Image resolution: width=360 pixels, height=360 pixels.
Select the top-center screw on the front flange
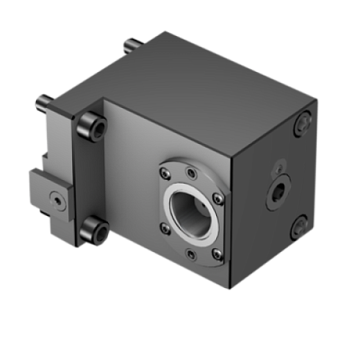click(x=191, y=174)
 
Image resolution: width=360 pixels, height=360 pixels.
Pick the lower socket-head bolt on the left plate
click(x=96, y=230)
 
